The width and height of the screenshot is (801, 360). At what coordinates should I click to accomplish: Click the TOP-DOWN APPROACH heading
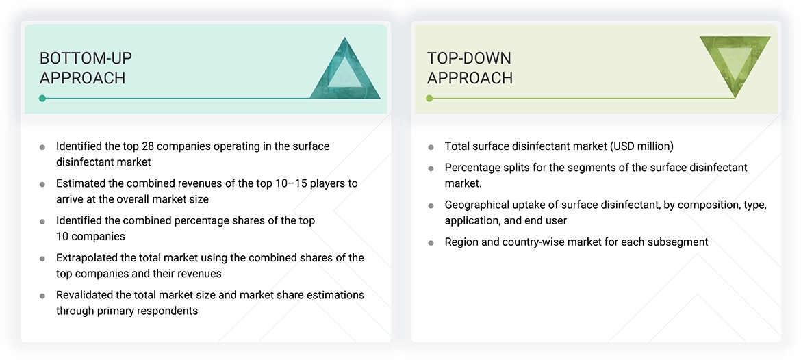tap(470, 68)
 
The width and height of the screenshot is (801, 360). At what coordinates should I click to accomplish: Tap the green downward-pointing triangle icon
tap(735, 62)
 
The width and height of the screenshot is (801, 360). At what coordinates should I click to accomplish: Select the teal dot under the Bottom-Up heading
tap(42, 99)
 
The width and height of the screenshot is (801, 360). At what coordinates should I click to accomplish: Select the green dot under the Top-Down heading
tap(429, 99)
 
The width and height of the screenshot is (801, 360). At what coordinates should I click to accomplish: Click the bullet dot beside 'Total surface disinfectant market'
tap(431, 147)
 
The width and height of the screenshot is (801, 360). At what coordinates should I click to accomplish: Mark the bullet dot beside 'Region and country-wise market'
tap(431, 242)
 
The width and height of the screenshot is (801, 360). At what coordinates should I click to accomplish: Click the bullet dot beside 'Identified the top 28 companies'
tap(42, 147)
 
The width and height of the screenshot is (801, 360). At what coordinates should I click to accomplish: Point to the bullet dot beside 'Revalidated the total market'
tap(42, 296)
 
